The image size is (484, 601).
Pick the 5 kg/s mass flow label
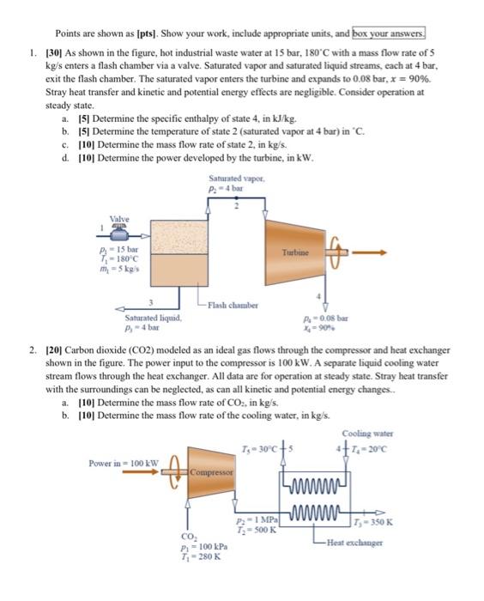(117, 269)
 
